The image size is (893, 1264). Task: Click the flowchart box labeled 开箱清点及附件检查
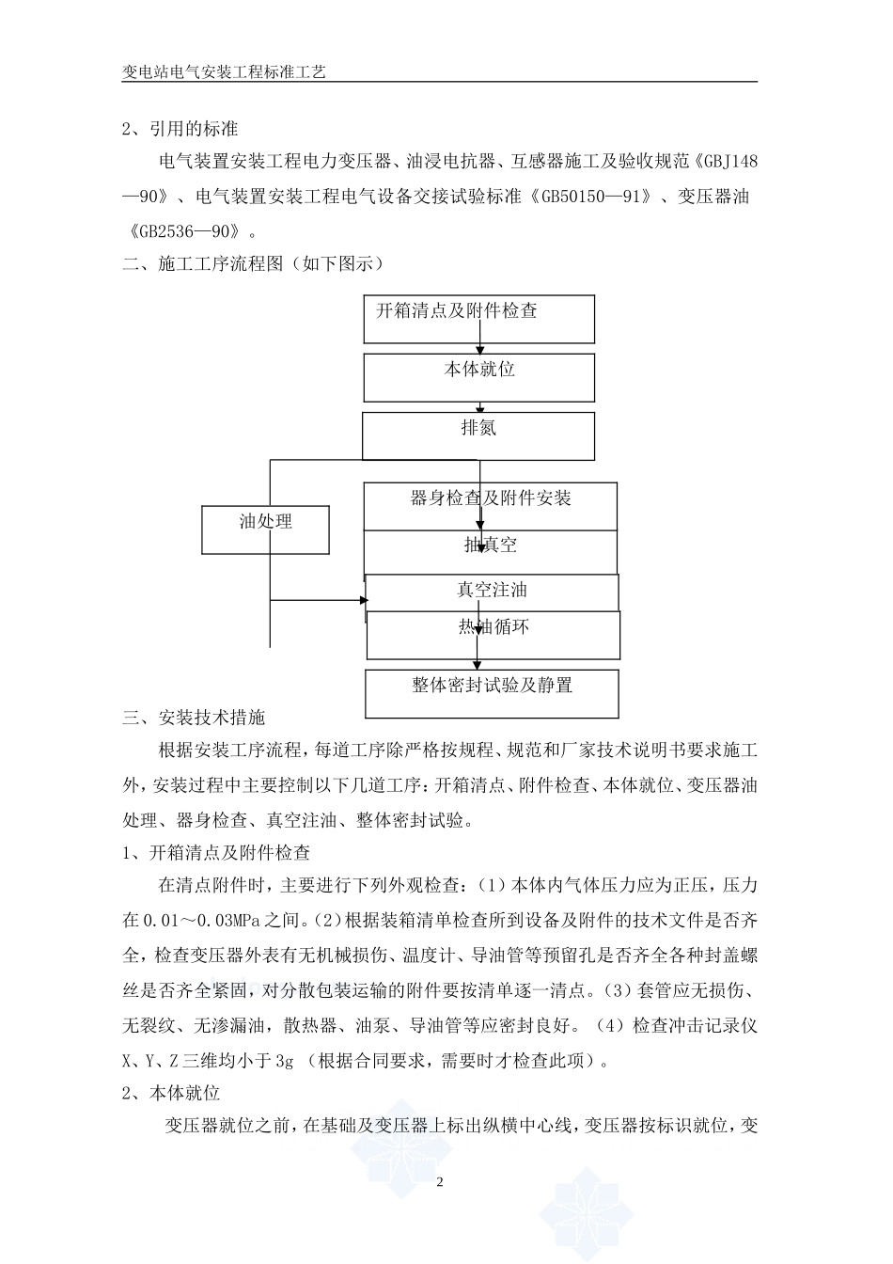(x=479, y=320)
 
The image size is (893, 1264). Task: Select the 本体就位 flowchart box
(x=479, y=378)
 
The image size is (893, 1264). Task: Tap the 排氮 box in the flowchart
(x=479, y=436)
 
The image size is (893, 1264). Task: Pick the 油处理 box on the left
(x=266, y=529)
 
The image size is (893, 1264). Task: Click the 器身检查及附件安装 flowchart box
(x=491, y=506)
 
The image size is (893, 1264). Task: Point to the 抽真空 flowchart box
(x=491, y=551)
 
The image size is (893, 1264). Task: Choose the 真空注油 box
(x=492, y=591)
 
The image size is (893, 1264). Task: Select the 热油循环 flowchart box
(x=493, y=635)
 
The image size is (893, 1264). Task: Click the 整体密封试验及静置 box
(x=492, y=694)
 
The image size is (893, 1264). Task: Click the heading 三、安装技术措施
(x=194, y=718)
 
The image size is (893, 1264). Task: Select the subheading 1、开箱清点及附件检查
(x=216, y=853)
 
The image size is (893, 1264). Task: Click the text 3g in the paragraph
(x=286, y=1061)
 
